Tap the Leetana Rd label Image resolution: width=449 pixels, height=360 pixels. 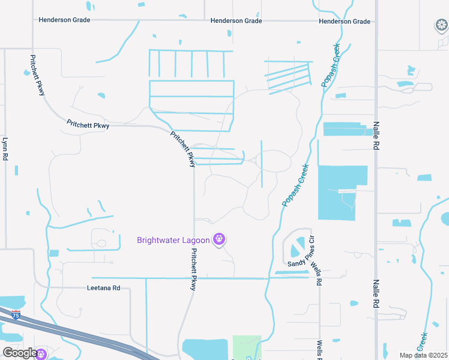(104, 288)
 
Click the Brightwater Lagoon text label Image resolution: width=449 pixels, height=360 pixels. (173, 241)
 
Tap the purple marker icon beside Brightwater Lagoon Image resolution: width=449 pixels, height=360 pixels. (219, 240)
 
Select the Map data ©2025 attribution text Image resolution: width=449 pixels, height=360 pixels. (423, 355)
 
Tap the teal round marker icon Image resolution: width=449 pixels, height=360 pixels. (441, 25)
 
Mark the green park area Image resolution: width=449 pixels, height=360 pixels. (247, 346)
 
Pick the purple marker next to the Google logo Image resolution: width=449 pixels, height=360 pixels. (41, 353)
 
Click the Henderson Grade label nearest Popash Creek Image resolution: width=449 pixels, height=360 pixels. (345, 22)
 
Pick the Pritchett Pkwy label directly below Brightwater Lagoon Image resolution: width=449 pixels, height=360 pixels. (193, 270)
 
